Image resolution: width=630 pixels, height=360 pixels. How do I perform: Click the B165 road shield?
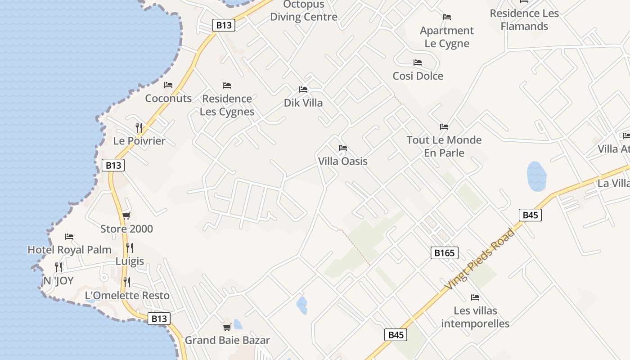[x=444, y=253]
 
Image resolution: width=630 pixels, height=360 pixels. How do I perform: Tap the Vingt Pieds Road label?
[x=479, y=259]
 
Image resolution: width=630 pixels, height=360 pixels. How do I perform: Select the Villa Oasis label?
[x=343, y=161]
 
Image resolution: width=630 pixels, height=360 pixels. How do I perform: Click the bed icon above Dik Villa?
[x=303, y=90]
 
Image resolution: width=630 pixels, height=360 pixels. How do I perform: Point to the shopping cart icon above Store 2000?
[x=126, y=216]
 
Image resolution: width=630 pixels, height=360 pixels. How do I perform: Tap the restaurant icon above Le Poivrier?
[x=139, y=128]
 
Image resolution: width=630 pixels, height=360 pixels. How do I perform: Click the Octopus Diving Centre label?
[x=303, y=11]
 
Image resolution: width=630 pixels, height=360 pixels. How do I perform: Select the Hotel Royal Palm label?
[x=69, y=250]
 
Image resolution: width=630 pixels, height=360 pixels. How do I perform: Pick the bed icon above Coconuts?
[x=168, y=85]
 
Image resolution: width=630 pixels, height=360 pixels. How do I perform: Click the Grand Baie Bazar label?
[x=227, y=340]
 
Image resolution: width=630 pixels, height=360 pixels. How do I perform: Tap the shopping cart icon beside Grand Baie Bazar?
[x=227, y=327]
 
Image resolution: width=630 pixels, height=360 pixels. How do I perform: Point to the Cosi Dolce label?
[x=418, y=76]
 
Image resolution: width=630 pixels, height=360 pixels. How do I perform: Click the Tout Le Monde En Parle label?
[x=444, y=146]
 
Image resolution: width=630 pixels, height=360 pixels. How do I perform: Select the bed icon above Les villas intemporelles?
[x=475, y=297]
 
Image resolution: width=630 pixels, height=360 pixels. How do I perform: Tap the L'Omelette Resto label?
[x=127, y=296]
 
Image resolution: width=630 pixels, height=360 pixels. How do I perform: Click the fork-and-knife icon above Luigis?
[x=130, y=247]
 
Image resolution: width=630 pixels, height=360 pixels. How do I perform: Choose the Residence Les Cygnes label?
[x=227, y=105]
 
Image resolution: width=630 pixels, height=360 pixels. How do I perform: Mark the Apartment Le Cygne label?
[x=447, y=37]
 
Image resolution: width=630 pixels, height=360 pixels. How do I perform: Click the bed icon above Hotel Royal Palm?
[x=69, y=236]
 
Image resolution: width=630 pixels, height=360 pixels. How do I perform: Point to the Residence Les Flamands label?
[x=524, y=20]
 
